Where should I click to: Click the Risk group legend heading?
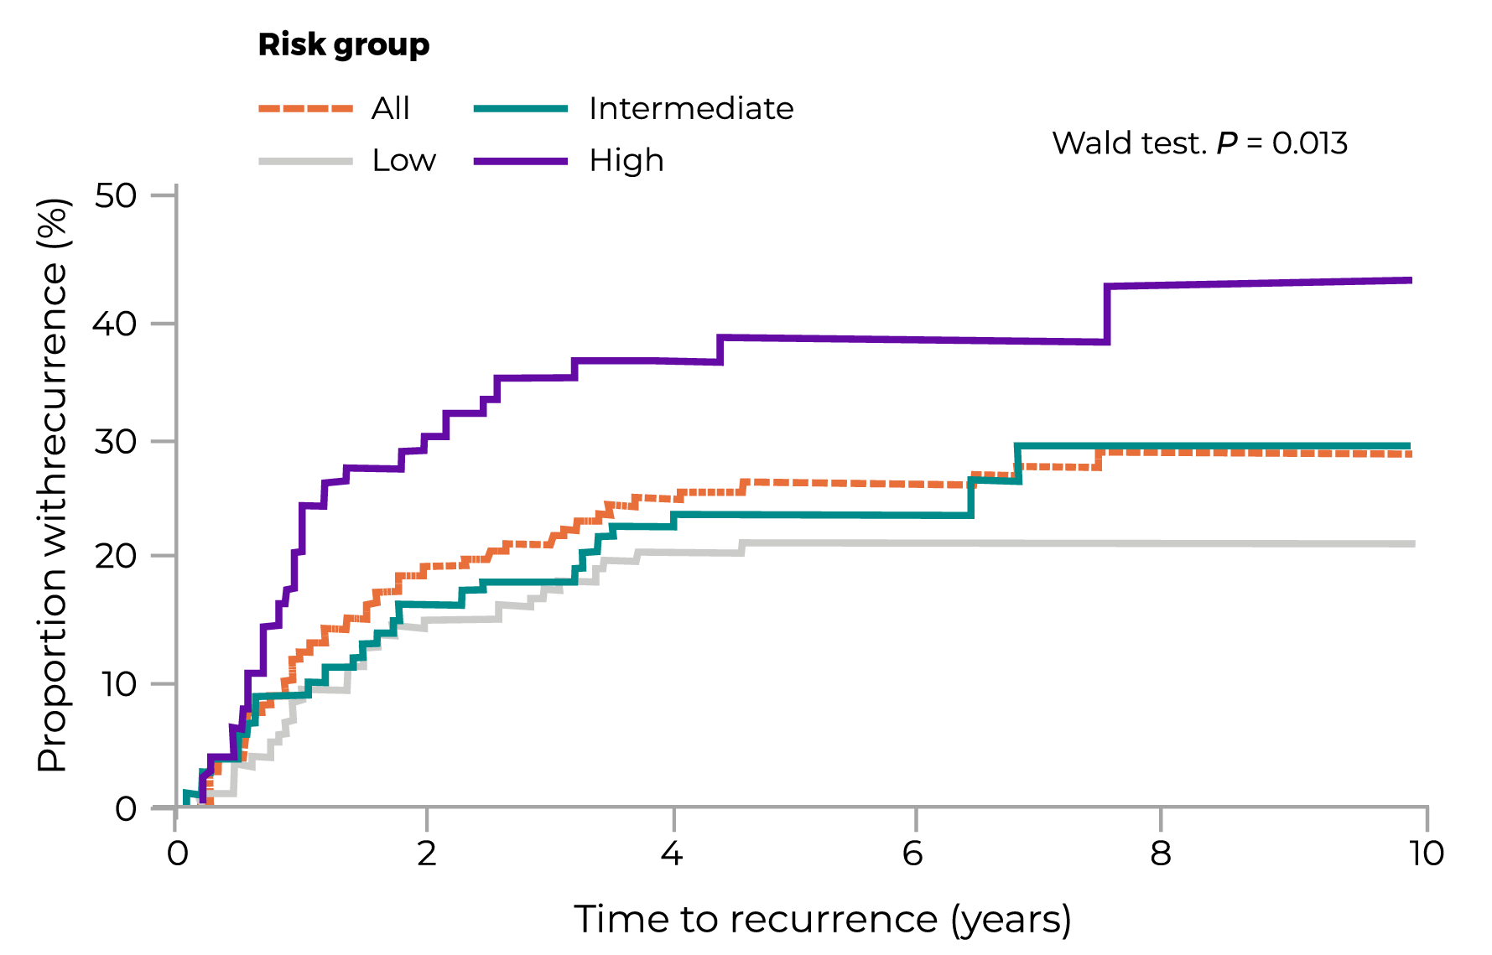pyautogui.click(x=343, y=45)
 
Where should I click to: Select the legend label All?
pyautogui.click(x=391, y=109)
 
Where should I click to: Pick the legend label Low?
pyautogui.click(x=404, y=160)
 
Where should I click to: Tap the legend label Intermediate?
pyautogui.click(x=691, y=109)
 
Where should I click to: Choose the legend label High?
pyautogui.click(x=626, y=160)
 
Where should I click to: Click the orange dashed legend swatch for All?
pyautogui.click(x=305, y=109)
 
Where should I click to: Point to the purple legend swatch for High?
pyautogui.click(x=520, y=160)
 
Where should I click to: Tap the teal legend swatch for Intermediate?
pyautogui.click(x=520, y=109)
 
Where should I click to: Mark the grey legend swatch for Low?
pyautogui.click(x=305, y=160)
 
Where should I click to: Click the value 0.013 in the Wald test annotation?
pyautogui.click(x=1309, y=143)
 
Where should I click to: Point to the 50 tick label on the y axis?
pyautogui.click(x=115, y=196)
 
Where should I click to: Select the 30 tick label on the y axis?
pyautogui.click(x=115, y=442)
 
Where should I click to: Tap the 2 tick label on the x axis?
pyautogui.click(x=427, y=854)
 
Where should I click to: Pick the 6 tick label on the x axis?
pyautogui.click(x=913, y=854)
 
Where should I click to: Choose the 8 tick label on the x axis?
pyautogui.click(x=1160, y=854)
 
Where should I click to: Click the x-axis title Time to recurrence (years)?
pyautogui.click(x=822, y=920)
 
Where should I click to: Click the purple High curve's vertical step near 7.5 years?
pyautogui.click(x=1107, y=314)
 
